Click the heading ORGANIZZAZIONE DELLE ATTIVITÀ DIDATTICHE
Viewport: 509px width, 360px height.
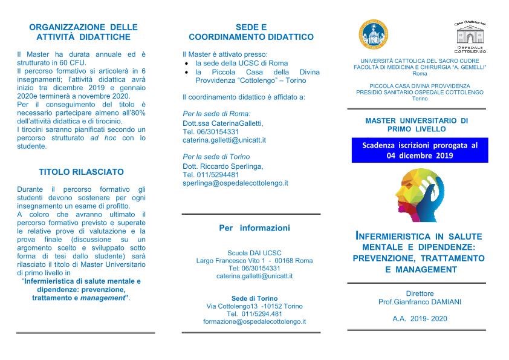coord(83,31)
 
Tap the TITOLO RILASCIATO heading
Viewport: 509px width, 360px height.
coord(81,172)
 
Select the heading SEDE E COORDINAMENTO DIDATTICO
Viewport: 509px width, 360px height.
coord(251,31)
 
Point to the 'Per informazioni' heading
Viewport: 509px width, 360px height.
coord(254,228)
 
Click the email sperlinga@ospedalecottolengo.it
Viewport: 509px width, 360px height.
coord(235,183)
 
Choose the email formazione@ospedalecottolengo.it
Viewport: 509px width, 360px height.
coord(254,321)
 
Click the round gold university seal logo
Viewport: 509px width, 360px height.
coord(374,35)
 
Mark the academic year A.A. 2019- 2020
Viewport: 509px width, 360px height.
coord(420,318)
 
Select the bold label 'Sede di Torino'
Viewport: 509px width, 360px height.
coord(254,298)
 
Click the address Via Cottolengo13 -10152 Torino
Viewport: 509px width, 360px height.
coord(254,306)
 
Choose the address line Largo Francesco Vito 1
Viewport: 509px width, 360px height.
coord(254,261)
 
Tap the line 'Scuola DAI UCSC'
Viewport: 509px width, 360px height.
coord(254,253)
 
